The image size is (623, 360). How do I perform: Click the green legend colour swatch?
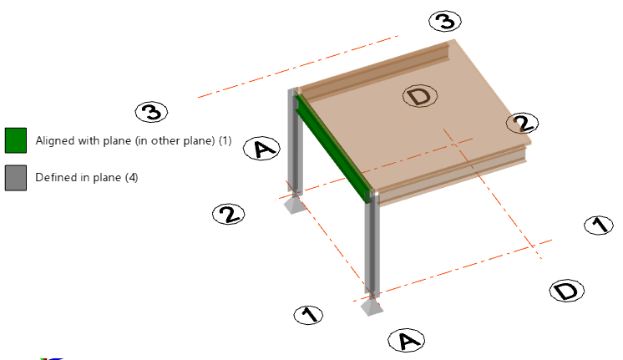pos(16,140)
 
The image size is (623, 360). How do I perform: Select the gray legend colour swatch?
pos(16,178)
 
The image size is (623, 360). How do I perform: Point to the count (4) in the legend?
pos(132,178)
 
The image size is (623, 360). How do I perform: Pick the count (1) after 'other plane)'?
pos(225,140)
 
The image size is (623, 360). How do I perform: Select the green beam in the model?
pos(333,147)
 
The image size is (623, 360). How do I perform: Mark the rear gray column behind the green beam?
pos(295,143)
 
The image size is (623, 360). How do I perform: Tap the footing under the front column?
pos(372,307)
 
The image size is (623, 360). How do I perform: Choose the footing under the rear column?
pos(294,205)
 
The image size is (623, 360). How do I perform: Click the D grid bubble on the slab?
pos(420,96)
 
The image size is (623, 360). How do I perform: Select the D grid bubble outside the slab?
pos(566,291)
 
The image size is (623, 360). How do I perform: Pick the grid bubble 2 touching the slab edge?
pos(523,123)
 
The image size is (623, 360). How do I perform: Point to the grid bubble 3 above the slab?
pos(445,21)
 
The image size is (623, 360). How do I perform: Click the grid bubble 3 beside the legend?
pos(151,112)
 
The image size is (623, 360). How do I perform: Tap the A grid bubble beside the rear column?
pos(262,149)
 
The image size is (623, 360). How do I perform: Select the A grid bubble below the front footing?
pos(407,341)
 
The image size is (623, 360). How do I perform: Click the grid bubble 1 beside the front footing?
pos(308,315)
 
